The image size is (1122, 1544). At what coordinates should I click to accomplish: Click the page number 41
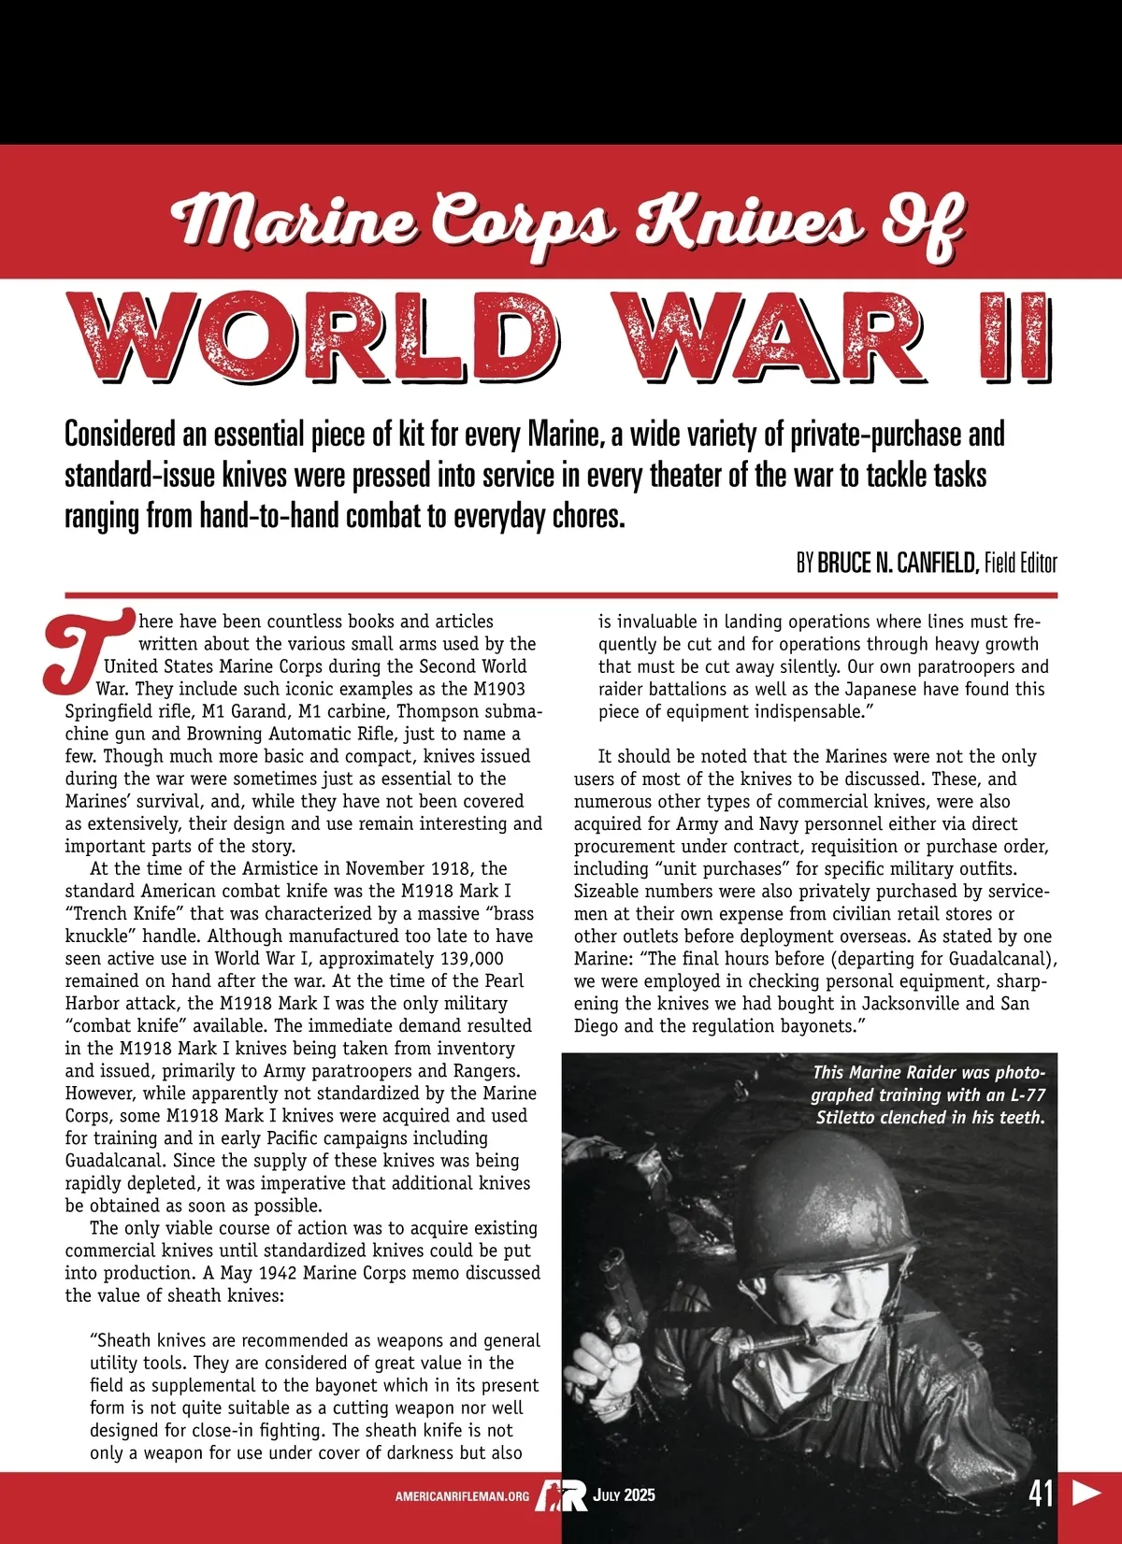pos(1041,1493)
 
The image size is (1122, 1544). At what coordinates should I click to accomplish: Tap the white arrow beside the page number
pos(1086,1493)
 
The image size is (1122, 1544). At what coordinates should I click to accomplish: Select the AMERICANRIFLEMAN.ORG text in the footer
pos(462,1496)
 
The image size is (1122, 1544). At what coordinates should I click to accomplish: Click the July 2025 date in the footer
pos(625,1495)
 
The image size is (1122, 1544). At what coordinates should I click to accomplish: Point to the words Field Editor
pos(1020,564)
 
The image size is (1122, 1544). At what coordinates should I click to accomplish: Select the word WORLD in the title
pos(314,338)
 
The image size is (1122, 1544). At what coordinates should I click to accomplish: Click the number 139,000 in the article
pos(465,959)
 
